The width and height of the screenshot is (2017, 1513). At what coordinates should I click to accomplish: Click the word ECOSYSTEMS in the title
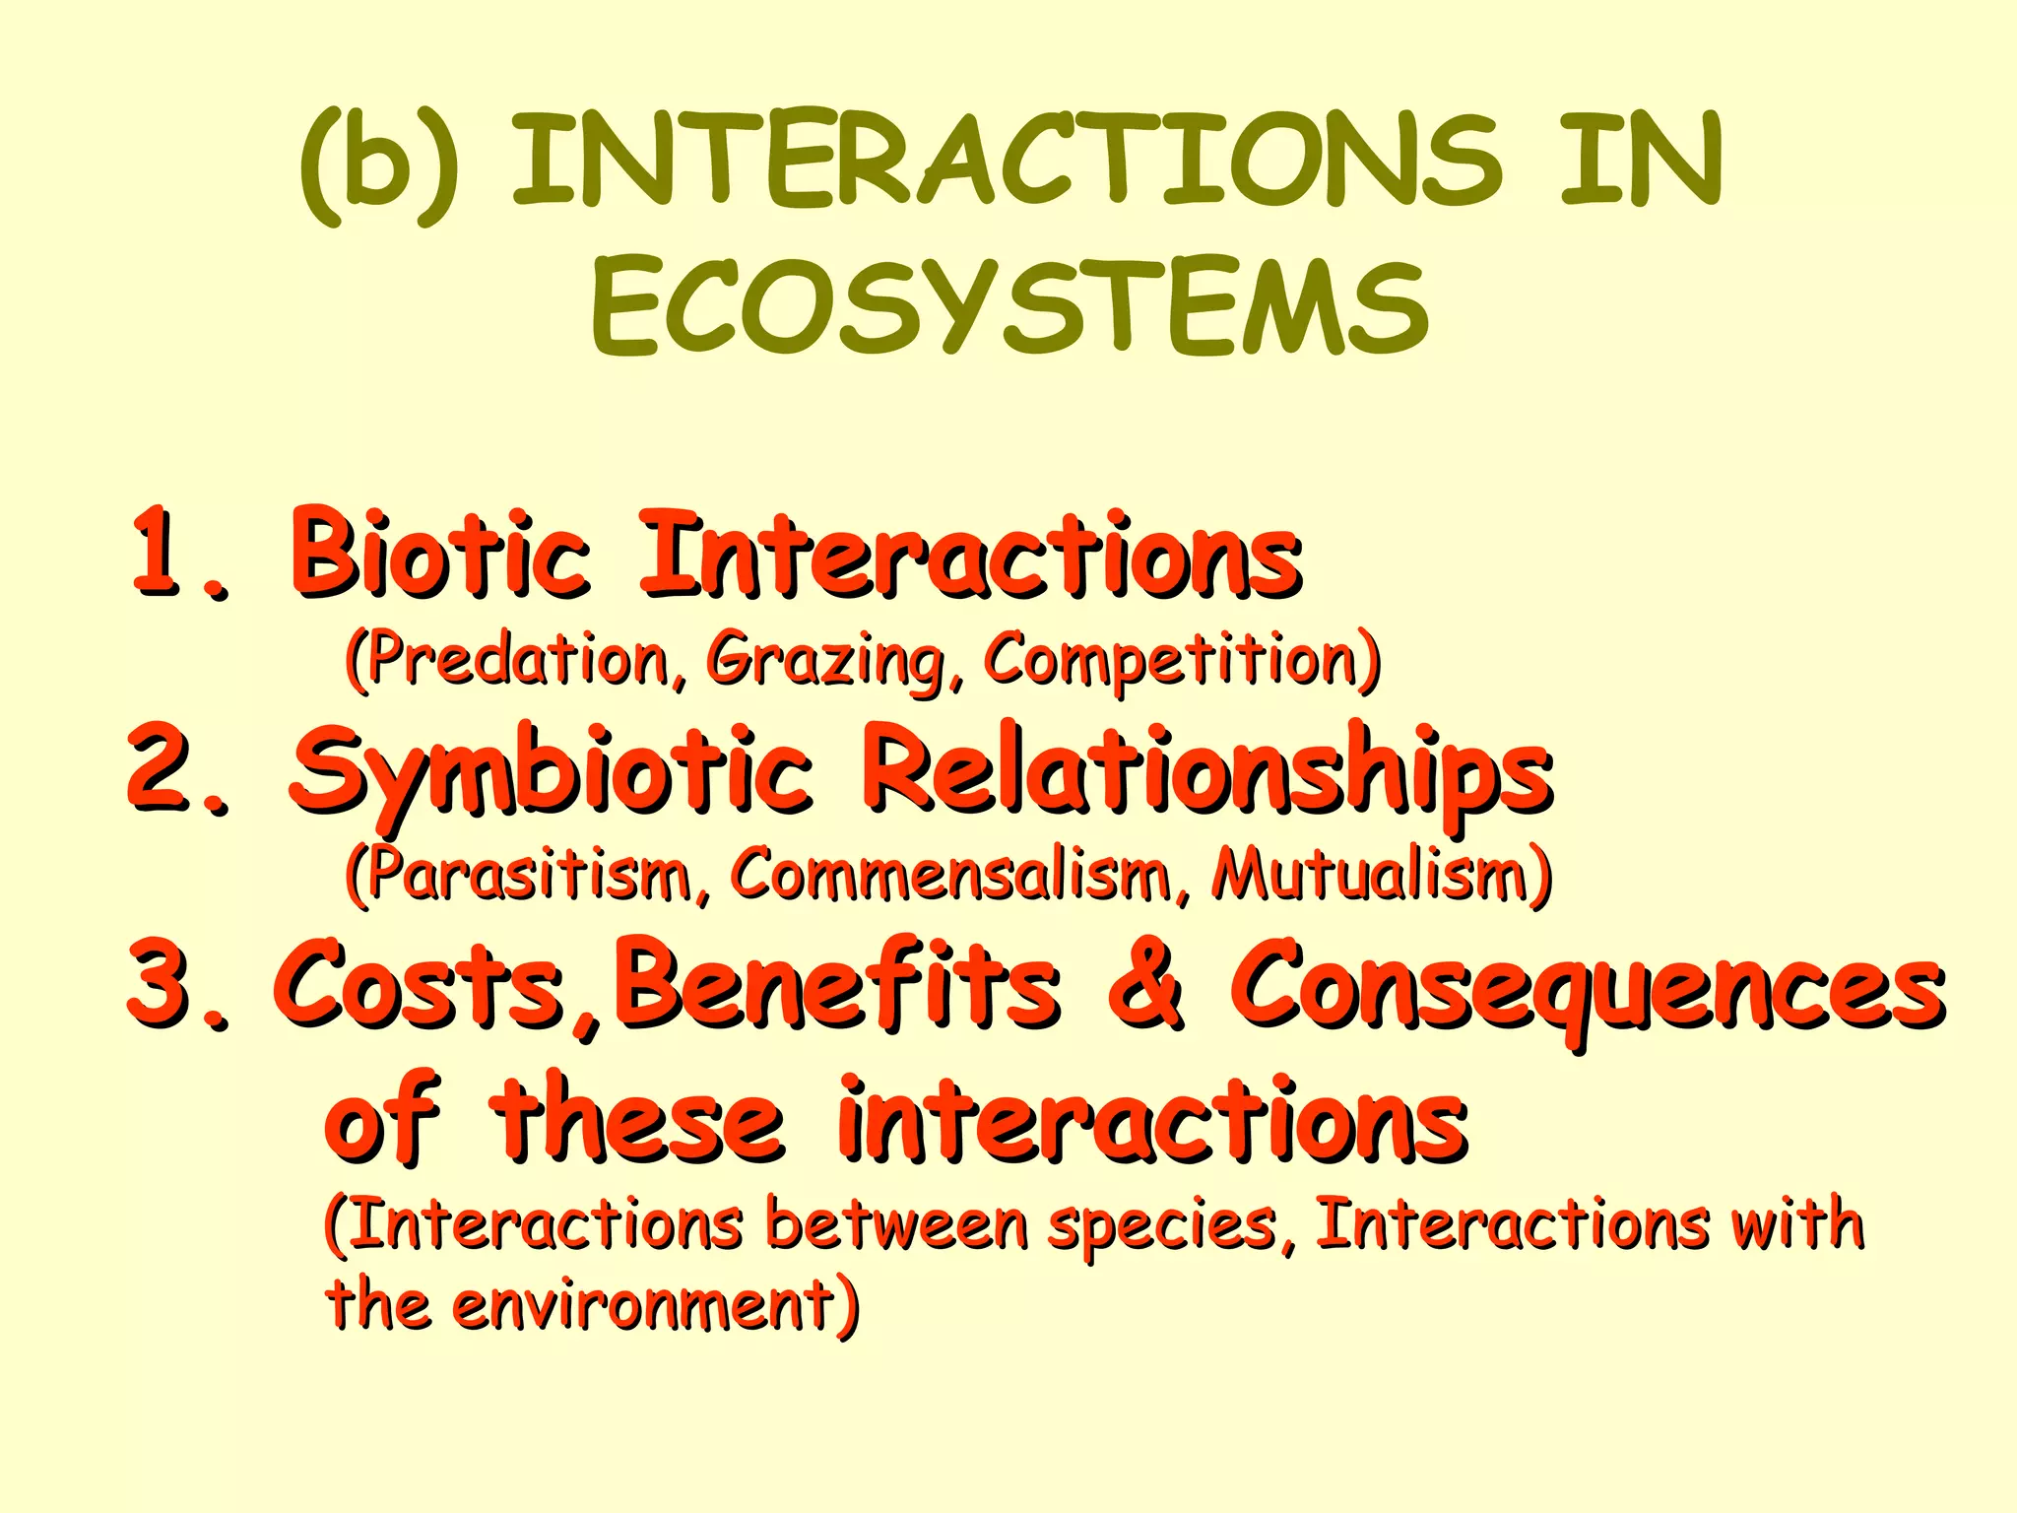(x=1009, y=305)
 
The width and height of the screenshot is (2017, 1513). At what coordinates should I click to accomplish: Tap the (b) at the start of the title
(x=379, y=163)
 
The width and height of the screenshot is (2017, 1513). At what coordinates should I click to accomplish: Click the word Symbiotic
(x=552, y=773)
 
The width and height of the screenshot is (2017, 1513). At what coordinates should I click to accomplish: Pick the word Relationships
(x=1206, y=773)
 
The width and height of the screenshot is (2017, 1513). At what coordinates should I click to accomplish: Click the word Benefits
(x=837, y=985)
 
